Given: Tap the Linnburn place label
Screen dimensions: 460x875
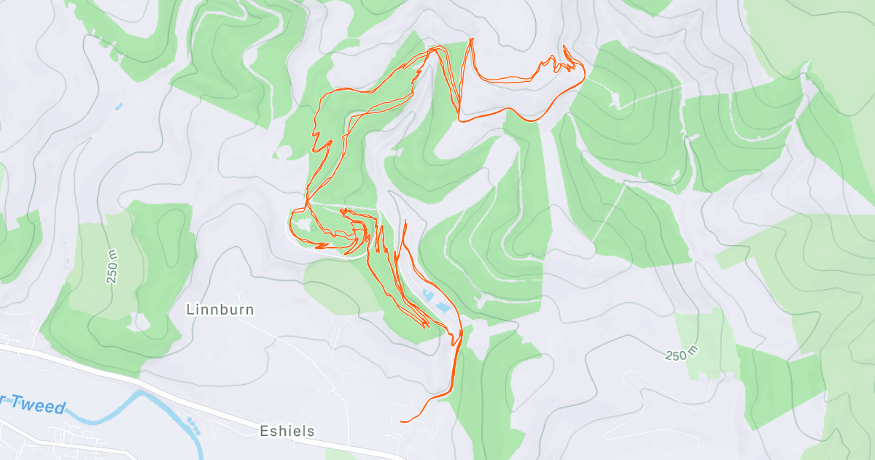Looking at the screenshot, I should (220, 310).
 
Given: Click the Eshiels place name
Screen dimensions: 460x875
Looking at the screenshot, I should (287, 431).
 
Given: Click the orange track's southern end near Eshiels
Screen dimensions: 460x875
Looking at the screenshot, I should (402, 421).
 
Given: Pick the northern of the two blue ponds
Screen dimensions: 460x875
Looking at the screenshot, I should (425, 294).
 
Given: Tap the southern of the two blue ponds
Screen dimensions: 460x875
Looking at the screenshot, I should (441, 308).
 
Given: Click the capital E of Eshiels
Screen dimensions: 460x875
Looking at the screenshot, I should (265, 431).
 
